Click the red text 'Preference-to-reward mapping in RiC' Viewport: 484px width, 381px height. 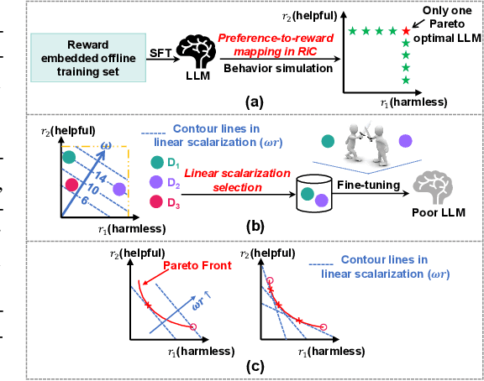pos(275,45)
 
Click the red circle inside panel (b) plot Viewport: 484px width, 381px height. pos(71,184)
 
